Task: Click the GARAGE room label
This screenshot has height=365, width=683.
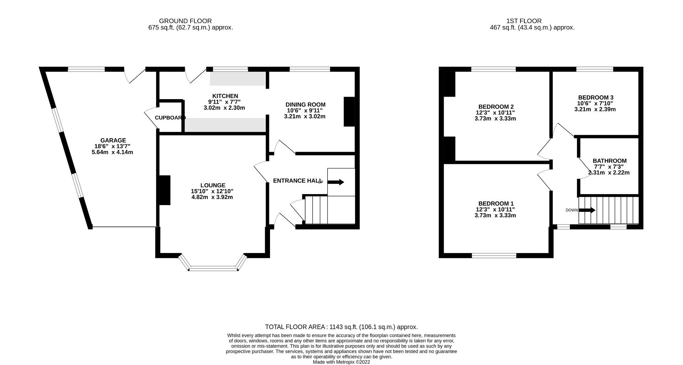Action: pos(113,140)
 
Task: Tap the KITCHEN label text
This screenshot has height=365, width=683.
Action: pos(225,96)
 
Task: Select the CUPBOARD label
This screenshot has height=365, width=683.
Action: pos(170,118)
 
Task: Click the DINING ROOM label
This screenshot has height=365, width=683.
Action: pos(305,104)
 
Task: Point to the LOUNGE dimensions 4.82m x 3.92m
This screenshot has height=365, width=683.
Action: pos(212,197)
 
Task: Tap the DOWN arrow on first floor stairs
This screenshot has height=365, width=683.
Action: pos(587,210)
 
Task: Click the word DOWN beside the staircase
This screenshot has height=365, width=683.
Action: pos(572,210)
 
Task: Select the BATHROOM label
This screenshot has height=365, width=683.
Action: pos(609,161)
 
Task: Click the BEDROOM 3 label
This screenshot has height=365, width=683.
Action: pos(595,97)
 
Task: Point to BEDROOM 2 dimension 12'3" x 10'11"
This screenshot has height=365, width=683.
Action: pos(496,113)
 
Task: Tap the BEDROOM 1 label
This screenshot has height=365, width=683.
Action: pos(496,203)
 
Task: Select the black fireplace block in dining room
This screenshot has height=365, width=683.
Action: pos(349,112)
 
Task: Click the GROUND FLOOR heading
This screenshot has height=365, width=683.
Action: pos(185,21)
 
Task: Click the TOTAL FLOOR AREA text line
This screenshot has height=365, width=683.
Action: pos(341,327)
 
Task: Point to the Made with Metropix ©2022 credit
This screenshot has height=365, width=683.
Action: pos(341,362)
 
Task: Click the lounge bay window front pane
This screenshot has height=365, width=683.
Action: pos(213,270)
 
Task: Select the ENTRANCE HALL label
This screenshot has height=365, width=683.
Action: pos(297,181)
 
